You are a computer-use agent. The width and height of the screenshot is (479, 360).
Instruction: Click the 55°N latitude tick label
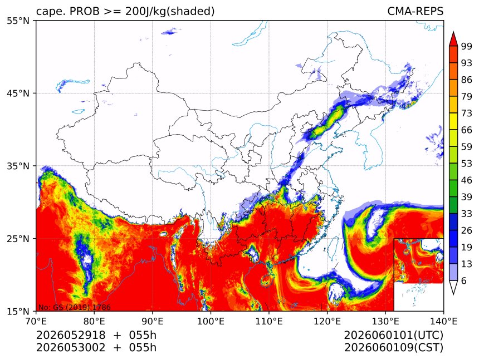18,21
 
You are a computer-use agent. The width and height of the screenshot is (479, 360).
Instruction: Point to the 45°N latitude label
18,93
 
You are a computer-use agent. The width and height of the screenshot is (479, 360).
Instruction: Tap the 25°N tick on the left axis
18,239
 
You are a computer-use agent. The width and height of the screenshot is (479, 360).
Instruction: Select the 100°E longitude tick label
211,321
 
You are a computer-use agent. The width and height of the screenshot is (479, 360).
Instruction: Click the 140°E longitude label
443,321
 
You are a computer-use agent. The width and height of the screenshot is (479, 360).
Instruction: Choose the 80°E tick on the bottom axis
94,321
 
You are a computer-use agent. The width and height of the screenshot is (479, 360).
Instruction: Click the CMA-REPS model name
415,11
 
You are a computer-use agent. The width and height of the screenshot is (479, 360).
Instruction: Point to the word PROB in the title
85,11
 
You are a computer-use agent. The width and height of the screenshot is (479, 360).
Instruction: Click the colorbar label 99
467,46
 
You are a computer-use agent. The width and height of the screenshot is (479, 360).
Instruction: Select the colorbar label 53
467,164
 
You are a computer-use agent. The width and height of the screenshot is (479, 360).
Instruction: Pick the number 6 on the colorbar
464,280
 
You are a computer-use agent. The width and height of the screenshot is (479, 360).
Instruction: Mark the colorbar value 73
467,114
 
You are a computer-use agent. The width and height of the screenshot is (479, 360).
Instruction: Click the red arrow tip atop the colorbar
453,32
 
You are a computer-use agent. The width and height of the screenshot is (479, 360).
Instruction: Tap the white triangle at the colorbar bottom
453,288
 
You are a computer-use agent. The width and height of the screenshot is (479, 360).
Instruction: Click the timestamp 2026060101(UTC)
393,336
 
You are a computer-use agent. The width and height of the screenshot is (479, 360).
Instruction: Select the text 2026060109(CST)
393,348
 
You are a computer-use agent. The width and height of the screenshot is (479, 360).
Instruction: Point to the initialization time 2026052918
71,336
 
